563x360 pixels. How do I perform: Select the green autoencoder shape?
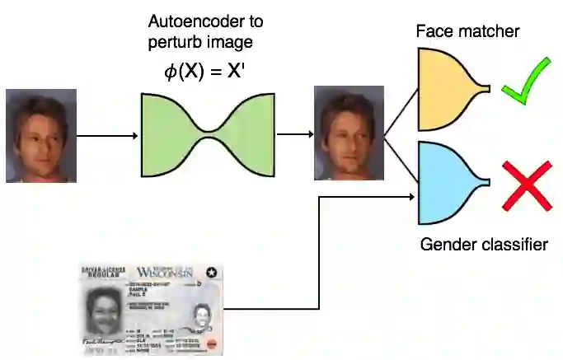207,135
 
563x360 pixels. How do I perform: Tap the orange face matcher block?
450,89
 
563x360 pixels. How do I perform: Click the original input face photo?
41,135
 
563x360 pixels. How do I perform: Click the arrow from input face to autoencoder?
107,135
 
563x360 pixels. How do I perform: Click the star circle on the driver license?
212,273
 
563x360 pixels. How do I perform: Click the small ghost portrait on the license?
201,314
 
